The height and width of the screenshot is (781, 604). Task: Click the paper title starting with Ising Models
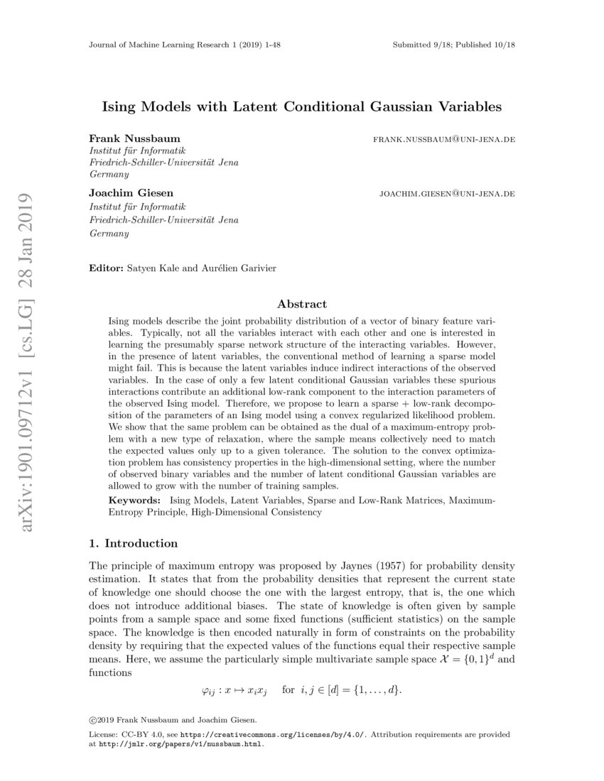(302, 107)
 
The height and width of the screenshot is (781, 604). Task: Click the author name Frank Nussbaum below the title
(134, 138)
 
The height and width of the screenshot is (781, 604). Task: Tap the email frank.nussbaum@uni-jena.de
(444, 139)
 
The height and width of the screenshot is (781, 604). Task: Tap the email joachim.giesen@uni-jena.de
(448, 193)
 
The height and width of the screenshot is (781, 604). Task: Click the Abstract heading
(302, 304)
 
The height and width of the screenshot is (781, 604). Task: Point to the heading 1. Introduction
(133, 544)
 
